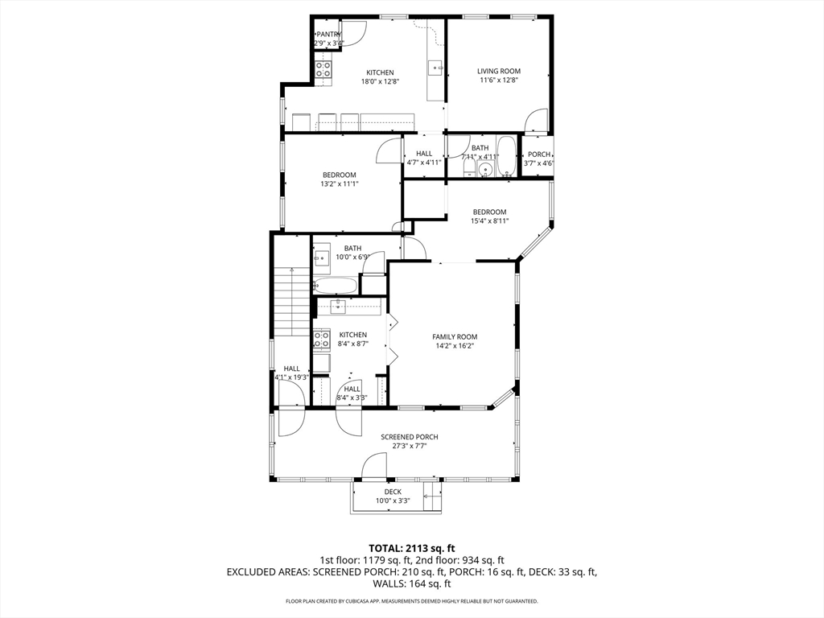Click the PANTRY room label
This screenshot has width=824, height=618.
(x=329, y=34)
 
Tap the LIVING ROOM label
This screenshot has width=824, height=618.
(x=499, y=71)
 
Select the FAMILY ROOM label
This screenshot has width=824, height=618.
(x=455, y=337)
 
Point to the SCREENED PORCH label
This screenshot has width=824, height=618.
(x=410, y=437)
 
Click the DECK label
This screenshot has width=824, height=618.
(x=393, y=492)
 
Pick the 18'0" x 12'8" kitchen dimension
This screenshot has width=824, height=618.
(x=380, y=81)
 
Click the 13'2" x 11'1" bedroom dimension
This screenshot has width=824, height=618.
(x=340, y=184)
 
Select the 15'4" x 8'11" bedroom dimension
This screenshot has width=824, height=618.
(x=489, y=221)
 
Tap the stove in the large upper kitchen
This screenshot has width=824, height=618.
(x=323, y=69)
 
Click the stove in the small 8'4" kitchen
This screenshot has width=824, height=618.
(x=321, y=339)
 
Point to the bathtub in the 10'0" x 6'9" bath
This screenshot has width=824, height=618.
(x=336, y=286)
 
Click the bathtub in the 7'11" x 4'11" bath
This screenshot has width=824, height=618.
(x=507, y=156)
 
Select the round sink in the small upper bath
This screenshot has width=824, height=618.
(x=485, y=169)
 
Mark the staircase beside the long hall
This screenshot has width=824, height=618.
(x=291, y=300)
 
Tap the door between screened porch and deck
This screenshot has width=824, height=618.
(x=374, y=465)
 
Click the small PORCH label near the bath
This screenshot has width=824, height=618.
(x=539, y=154)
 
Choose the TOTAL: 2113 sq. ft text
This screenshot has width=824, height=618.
(x=411, y=549)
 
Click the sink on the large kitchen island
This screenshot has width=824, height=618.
(x=435, y=68)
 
